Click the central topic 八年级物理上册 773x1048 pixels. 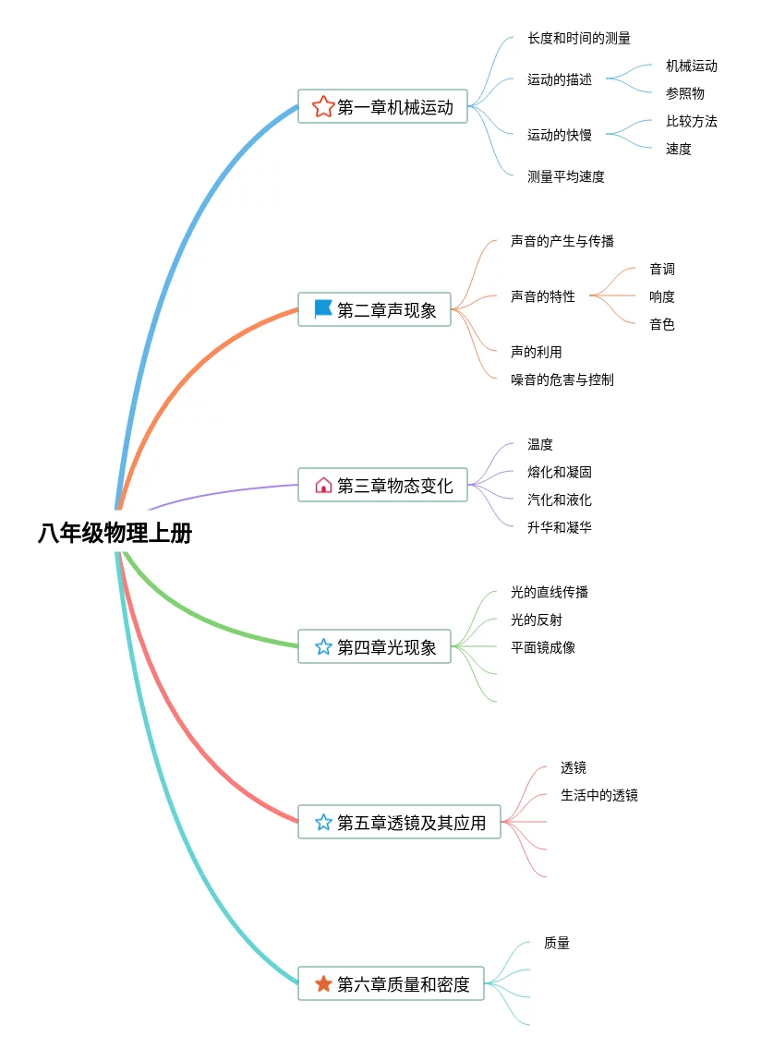coord(115,534)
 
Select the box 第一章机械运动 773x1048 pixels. coord(382,106)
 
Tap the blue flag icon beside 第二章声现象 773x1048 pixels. coord(323,308)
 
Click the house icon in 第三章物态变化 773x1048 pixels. coord(323,486)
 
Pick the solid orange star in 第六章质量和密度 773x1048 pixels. coord(323,983)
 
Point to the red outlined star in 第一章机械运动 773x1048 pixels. coord(323,106)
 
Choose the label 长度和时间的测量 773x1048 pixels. coord(579,38)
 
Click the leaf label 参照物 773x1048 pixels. coord(684,93)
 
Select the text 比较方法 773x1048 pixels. coord(692,121)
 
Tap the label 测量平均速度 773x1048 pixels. coord(566,176)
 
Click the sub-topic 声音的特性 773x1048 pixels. coord(543,296)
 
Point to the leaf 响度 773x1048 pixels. coord(662,296)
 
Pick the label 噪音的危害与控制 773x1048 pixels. coord(562,379)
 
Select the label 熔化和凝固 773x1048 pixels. coord(560,472)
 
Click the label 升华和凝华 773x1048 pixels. coord(560,527)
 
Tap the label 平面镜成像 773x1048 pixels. coord(543,647)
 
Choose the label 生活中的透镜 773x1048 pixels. coord(599,795)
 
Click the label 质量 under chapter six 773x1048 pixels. coord(556,943)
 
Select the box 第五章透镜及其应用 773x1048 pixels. coord(399,822)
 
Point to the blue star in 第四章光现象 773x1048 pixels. coord(323,646)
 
